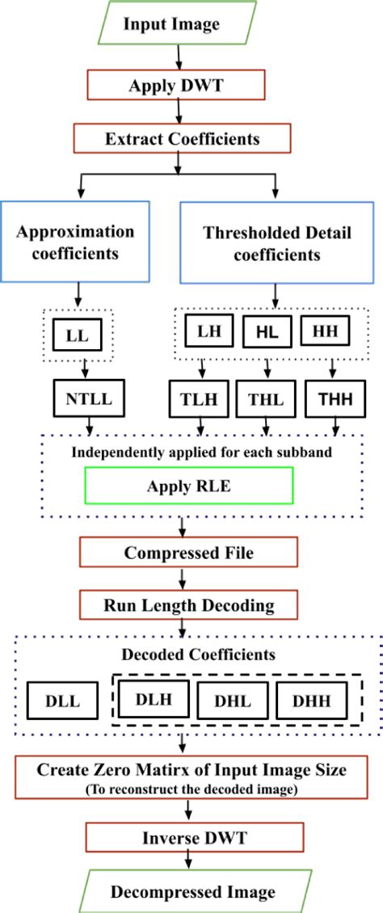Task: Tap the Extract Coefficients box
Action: click(x=183, y=138)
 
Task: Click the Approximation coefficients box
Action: click(x=75, y=242)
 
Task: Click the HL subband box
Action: click(x=266, y=331)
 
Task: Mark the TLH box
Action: click(x=199, y=398)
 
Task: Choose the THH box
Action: click(x=333, y=398)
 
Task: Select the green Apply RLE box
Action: click(x=187, y=486)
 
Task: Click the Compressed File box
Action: click(x=187, y=553)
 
